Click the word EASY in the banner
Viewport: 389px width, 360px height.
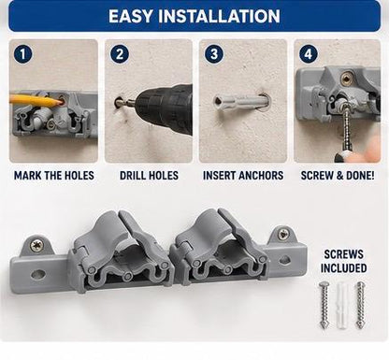tap(132, 16)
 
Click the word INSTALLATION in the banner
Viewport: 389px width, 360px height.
tap(220, 16)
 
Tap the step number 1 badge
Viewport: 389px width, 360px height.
tap(22, 54)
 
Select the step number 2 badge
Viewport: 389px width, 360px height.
tap(120, 54)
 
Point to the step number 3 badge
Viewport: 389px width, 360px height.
tap(214, 54)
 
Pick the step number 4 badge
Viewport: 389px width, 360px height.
tap(309, 54)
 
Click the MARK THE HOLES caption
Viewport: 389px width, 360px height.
tap(54, 176)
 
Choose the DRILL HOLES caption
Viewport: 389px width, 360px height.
tap(149, 176)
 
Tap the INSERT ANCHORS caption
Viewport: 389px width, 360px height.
tap(243, 176)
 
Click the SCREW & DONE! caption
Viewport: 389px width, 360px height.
tap(338, 176)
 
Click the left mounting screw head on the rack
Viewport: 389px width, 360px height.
tap(36, 246)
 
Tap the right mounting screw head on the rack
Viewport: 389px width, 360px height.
tap(283, 234)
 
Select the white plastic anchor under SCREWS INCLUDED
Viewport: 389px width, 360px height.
tap(342, 305)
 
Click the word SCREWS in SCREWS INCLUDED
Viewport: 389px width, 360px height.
tap(343, 254)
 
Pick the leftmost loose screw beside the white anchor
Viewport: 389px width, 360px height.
tap(324, 304)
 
